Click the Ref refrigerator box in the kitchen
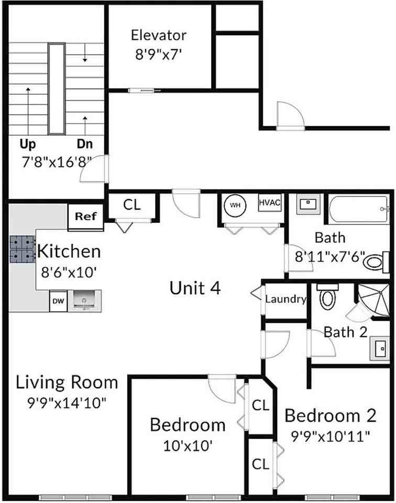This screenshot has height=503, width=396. click(86, 216)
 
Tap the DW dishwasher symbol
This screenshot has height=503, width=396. click(57, 301)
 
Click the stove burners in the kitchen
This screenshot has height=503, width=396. click(21, 249)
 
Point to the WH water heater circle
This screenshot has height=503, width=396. click(236, 205)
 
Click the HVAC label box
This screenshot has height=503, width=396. click(270, 203)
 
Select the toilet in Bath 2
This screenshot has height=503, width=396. click(328, 297)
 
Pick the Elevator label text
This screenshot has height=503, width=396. click(158, 36)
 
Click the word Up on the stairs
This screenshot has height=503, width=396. click(27, 144)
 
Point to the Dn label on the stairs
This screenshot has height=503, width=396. click(85, 144)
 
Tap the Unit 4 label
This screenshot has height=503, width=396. click(195, 288)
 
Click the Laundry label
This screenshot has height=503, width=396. click(285, 300)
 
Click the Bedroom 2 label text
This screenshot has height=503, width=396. click(330, 415)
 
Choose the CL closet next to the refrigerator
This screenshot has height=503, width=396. click(132, 205)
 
